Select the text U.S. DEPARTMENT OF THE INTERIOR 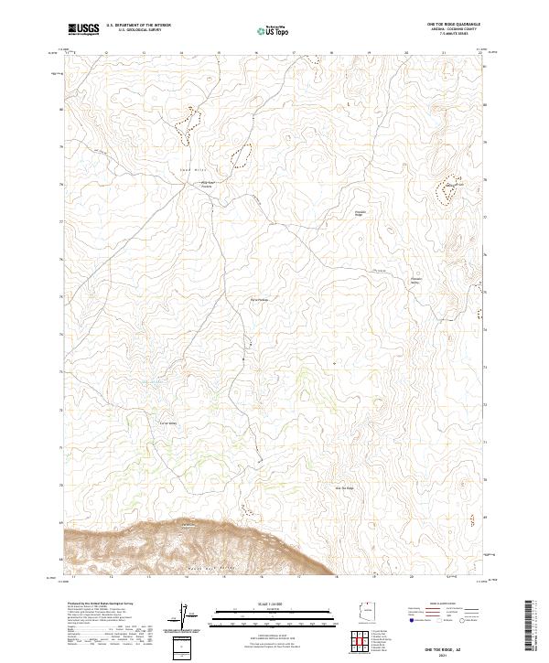tap(138, 27)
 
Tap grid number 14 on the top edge tap(181, 53)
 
